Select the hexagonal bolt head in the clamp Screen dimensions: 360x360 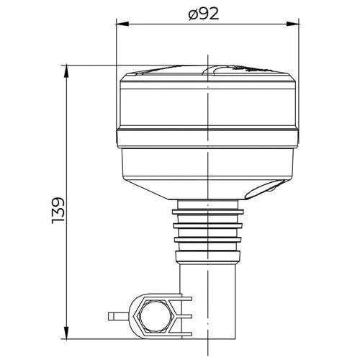coord(156,315)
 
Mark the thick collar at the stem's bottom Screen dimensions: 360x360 coord(207,255)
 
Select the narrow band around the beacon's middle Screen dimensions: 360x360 coord(207,138)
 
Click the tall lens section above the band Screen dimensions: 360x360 coord(207,104)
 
